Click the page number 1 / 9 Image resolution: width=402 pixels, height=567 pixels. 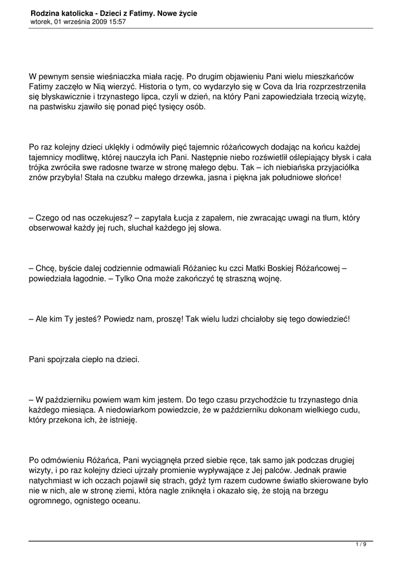(x=361, y=545)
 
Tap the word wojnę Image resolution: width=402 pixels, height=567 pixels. (x=269, y=279)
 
